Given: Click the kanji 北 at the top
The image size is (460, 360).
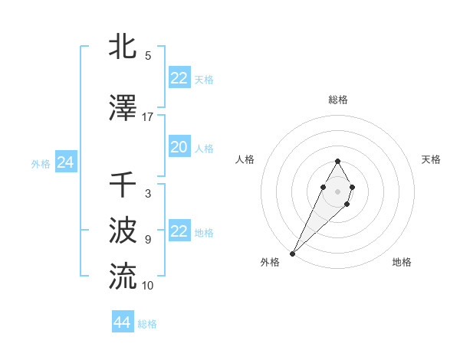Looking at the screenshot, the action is coord(123,47).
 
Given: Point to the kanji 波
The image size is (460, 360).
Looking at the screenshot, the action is coord(123,230).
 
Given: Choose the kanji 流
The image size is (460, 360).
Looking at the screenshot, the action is coord(123,275).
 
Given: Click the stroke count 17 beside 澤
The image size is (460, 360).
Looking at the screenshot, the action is coord(148,117).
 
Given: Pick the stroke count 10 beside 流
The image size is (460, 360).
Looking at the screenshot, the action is coord(148,285).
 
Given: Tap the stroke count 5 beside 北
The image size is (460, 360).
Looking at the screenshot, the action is coord(148,56).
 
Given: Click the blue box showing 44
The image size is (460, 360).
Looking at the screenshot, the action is coord(123,322).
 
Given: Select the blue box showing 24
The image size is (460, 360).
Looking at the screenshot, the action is coord(66,162).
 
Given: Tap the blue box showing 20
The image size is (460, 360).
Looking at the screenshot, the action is coord(179,147).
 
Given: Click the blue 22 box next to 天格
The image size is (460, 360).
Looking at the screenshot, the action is coord(179,78).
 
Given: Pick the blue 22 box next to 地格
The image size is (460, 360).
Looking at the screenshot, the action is coord(179,231).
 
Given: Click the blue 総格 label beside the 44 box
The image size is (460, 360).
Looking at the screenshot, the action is coord(147,324).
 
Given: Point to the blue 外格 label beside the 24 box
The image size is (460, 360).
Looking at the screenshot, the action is coord(41,163).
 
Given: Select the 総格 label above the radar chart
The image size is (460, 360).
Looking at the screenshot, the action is coord(338,100).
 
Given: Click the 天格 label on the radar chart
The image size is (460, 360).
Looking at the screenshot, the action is coord(431,159).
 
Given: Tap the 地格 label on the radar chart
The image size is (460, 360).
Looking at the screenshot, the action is coord(402,262).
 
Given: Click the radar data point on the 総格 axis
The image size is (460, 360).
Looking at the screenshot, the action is coord(337,161).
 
